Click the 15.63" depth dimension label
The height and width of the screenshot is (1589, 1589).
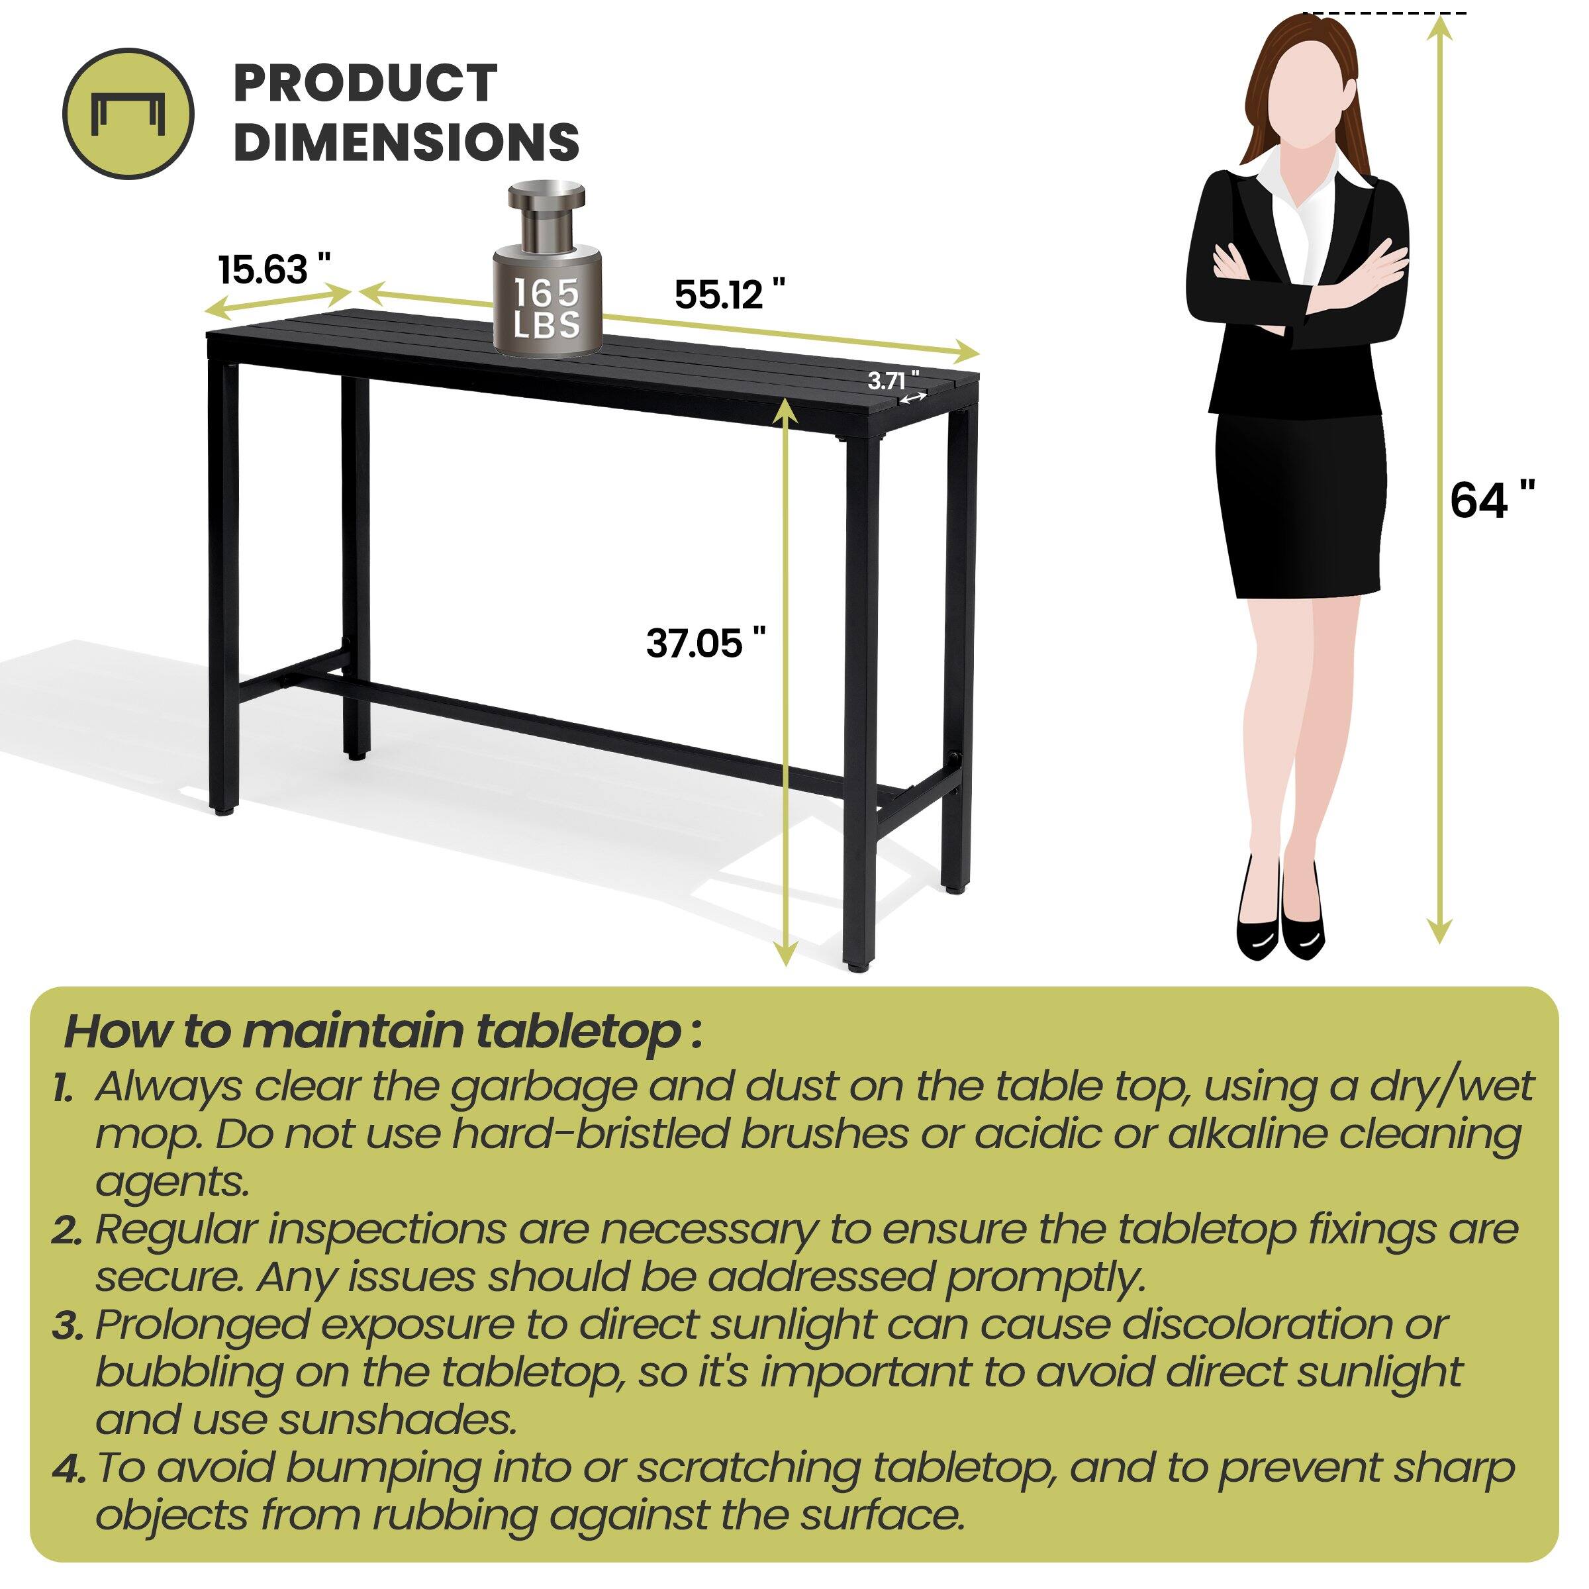tap(274, 269)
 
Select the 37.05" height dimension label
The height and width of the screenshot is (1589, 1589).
tap(706, 642)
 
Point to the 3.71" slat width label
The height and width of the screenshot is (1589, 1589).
tap(893, 381)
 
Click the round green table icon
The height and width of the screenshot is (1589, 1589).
tap(129, 113)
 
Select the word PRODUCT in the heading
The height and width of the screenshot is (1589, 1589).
tap(365, 83)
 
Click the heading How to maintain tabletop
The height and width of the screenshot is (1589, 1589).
tap(383, 1031)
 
